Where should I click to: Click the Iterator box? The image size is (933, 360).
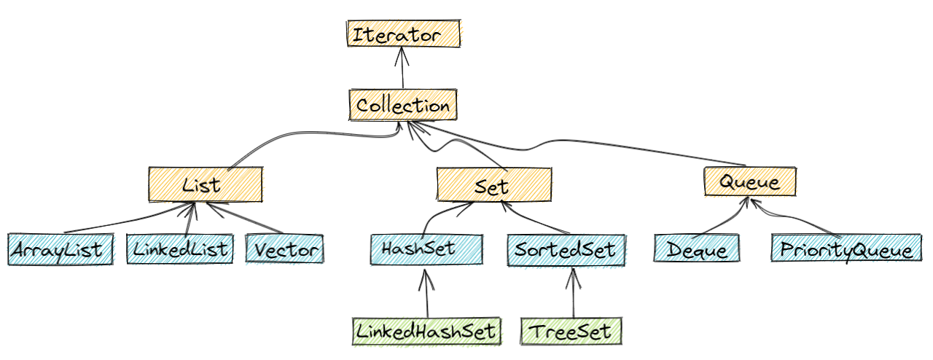[404, 34]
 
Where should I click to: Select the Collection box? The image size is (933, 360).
[402, 106]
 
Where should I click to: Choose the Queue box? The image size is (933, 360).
[749, 181]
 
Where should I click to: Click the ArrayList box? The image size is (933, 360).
[60, 250]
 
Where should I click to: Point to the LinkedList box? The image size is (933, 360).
[180, 249]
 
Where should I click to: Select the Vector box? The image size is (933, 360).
[284, 249]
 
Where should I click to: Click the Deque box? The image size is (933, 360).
[696, 249]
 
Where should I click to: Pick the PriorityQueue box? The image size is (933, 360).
[846, 249]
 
